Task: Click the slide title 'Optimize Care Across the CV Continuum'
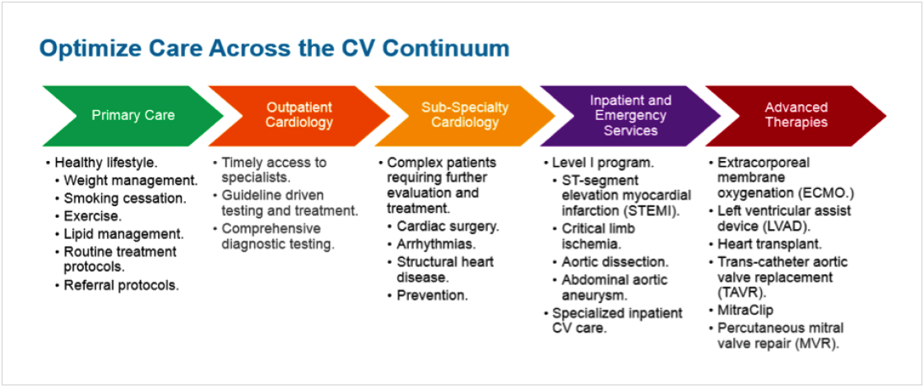pos(274,48)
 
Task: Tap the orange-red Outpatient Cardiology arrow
pos(299,115)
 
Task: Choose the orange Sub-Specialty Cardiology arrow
pos(465,115)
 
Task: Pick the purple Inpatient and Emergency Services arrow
pos(630,115)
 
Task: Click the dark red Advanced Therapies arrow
pos(796,115)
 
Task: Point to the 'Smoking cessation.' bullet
pos(125,198)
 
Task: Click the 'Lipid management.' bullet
pos(123,233)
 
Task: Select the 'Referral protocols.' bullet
pos(121,285)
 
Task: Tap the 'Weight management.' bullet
pos(130,180)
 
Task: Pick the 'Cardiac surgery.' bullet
pos(448,226)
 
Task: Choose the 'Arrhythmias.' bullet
pos(435,244)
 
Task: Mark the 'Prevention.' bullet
pos(432,295)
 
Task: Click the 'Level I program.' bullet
pos(602,163)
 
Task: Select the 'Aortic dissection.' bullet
pos(615,261)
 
